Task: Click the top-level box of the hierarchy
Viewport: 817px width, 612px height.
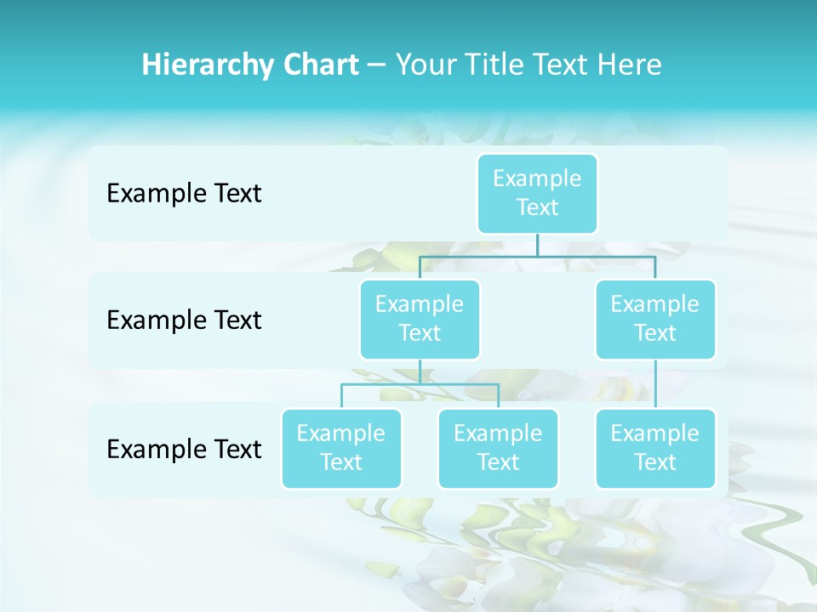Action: coord(537,194)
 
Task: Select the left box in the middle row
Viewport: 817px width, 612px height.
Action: coord(420,320)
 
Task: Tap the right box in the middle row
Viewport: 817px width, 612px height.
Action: coord(655,320)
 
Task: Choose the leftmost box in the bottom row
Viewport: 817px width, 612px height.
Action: coord(341,449)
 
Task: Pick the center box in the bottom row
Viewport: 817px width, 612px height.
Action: coord(498,449)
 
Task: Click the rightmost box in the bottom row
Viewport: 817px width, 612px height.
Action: coord(655,449)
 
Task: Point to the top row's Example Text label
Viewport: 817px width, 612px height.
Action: coord(184,194)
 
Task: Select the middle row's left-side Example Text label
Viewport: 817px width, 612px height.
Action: coord(184,320)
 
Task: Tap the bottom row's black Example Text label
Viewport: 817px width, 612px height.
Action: coord(184,450)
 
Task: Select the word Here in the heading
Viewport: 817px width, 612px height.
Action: coord(631,65)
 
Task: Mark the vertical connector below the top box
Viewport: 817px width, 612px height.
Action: coord(537,245)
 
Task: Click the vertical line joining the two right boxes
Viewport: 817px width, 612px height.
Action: coord(655,384)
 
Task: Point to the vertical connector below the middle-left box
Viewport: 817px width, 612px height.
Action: coord(420,371)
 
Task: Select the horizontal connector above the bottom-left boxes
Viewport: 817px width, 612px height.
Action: coord(420,384)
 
